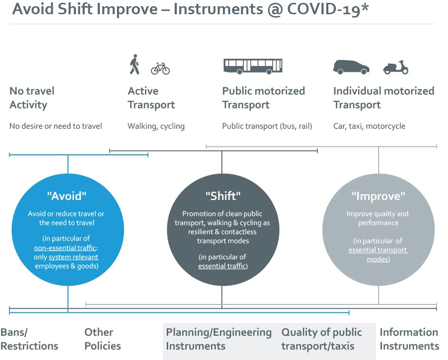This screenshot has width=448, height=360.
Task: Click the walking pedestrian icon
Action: point(134,65)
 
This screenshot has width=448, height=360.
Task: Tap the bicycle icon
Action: point(160,68)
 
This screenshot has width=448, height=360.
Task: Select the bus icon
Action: point(253,66)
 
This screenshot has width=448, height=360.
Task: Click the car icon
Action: point(351,67)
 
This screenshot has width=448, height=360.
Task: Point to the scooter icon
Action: point(396,67)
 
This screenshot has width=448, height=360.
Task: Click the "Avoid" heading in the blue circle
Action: point(67,196)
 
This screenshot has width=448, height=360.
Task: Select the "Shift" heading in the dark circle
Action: point(223,196)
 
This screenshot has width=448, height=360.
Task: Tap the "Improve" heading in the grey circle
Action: point(378,196)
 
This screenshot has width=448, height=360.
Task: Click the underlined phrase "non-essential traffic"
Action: point(65,248)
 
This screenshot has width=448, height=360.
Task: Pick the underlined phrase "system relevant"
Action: point(74,257)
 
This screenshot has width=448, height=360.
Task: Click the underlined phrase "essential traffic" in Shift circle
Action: point(222,266)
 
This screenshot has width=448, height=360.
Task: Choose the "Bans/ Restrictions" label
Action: point(29,339)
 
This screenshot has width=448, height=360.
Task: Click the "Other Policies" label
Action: point(103,339)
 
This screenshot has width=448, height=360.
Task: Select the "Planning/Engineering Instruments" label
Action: point(219,339)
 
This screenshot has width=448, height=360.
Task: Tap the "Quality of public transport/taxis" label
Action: point(322,339)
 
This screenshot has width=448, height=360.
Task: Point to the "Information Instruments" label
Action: point(409,339)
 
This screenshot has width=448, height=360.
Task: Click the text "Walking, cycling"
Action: point(156,126)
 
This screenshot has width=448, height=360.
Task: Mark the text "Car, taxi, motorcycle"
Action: point(369,126)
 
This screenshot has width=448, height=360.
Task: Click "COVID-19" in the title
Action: point(324,9)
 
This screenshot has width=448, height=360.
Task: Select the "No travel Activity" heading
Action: point(32,98)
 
